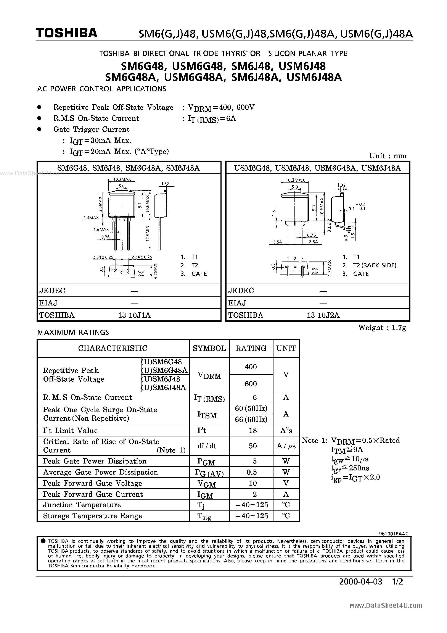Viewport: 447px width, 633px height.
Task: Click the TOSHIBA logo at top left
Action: point(66,33)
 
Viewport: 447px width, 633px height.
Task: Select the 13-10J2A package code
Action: point(323,315)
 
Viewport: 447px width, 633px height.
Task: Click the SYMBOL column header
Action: point(209,349)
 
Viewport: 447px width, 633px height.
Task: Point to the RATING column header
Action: point(251,349)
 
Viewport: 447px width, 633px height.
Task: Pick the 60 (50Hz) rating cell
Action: point(251,408)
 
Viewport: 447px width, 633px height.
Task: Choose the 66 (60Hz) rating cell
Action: point(251,419)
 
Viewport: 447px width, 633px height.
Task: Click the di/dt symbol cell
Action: point(207,446)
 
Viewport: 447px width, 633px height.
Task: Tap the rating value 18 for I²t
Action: point(253,430)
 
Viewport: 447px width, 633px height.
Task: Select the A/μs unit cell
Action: point(286,446)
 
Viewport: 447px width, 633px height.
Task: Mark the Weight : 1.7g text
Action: point(382,328)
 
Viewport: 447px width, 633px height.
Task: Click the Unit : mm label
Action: point(388,156)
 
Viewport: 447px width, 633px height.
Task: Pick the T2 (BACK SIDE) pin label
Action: point(375,265)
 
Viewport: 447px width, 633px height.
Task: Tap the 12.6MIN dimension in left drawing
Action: point(147,233)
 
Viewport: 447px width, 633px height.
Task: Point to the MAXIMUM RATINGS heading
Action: point(73,332)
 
